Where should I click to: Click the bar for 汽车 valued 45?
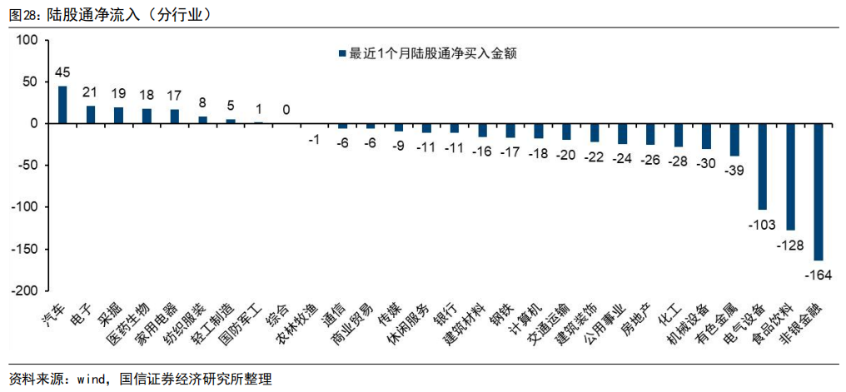(62, 104)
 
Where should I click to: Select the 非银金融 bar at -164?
(819, 191)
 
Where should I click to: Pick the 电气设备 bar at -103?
(762, 166)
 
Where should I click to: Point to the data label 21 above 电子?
(90, 92)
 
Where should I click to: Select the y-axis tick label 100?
(27, 40)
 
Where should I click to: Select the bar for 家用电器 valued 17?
(175, 117)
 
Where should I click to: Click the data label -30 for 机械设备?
(706, 163)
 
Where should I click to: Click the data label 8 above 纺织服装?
(202, 103)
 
